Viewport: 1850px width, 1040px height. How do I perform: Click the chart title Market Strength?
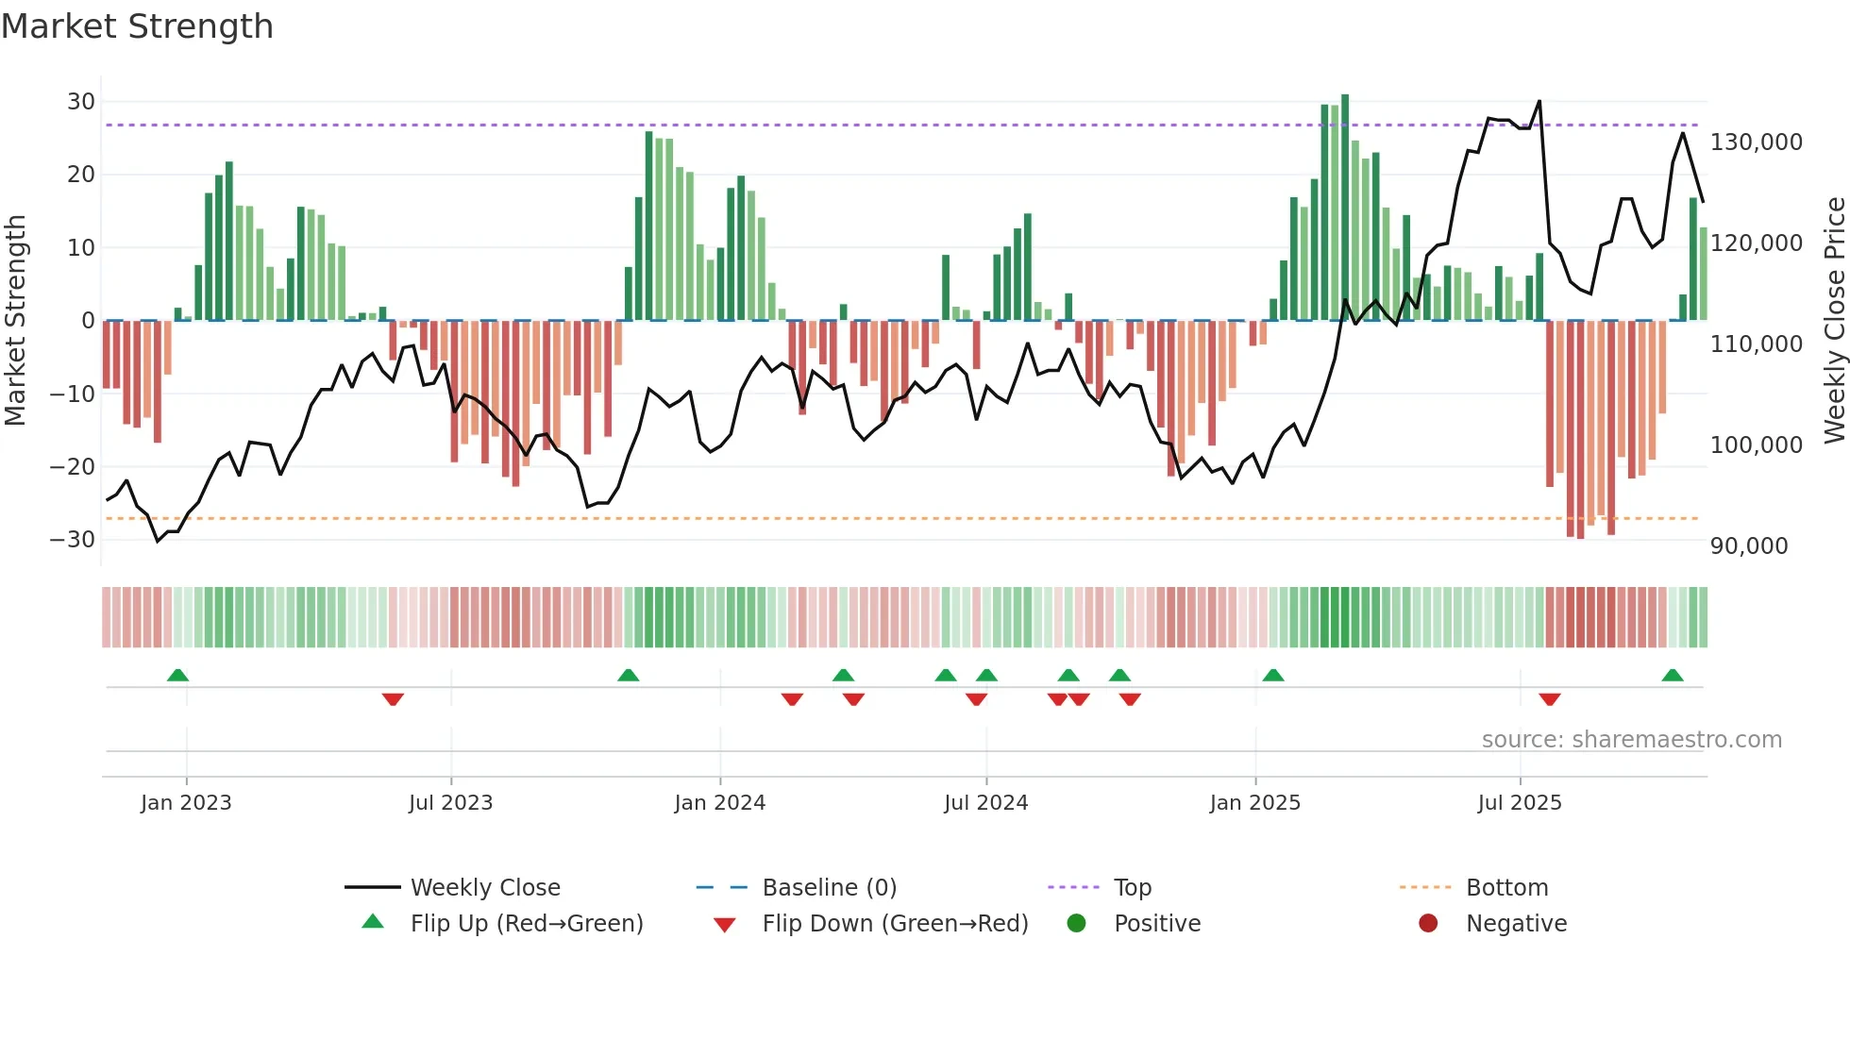(137, 26)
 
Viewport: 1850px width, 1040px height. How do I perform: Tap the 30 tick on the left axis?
(80, 102)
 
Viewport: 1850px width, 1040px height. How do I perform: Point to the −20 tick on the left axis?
(73, 467)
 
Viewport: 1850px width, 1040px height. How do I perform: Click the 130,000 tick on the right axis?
(1756, 143)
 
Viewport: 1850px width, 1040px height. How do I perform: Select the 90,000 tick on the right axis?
(1748, 546)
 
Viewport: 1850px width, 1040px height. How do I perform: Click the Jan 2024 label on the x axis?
(719, 803)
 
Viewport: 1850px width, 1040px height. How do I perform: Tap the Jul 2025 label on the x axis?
(1519, 803)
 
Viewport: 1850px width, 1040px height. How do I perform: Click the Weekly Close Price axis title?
(1834, 321)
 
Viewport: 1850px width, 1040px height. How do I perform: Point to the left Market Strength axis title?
(15, 321)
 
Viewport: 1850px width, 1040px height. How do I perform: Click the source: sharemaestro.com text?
(1631, 740)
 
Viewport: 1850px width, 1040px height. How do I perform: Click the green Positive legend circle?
(1076, 924)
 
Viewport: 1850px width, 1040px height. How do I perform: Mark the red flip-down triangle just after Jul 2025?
(1549, 699)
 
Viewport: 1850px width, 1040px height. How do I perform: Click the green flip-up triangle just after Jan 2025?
(1272, 675)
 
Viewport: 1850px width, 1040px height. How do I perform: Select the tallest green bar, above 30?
(1345, 208)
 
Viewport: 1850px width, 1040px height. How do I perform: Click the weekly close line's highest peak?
(1539, 101)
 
